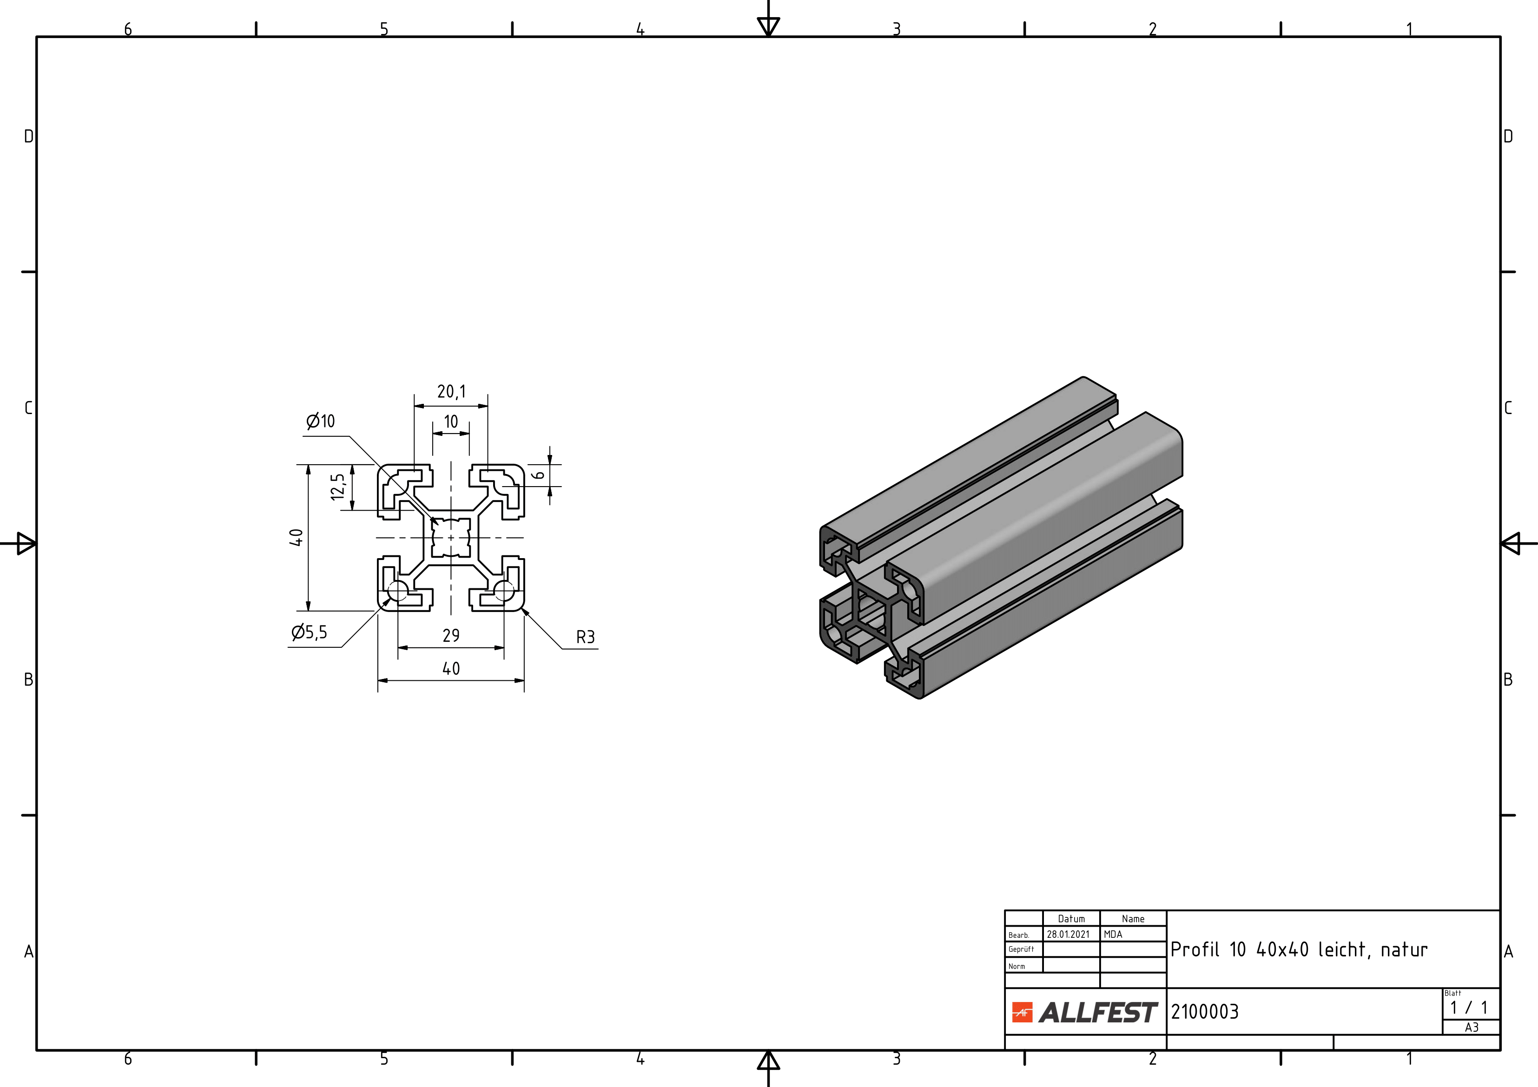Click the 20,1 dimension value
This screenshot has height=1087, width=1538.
[x=451, y=391]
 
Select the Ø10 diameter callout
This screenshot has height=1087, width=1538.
[x=320, y=421]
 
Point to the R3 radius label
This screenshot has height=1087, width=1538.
[x=586, y=637]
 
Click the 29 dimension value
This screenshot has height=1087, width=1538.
[x=451, y=635]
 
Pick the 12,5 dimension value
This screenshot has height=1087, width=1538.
[x=338, y=487]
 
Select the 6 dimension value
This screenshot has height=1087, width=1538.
[x=539, y=475]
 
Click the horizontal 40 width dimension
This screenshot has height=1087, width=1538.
[x=451, y=668]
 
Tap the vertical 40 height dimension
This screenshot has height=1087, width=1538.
[x=296, y=537]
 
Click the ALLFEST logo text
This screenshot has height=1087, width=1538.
[x=1098, y=1013]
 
